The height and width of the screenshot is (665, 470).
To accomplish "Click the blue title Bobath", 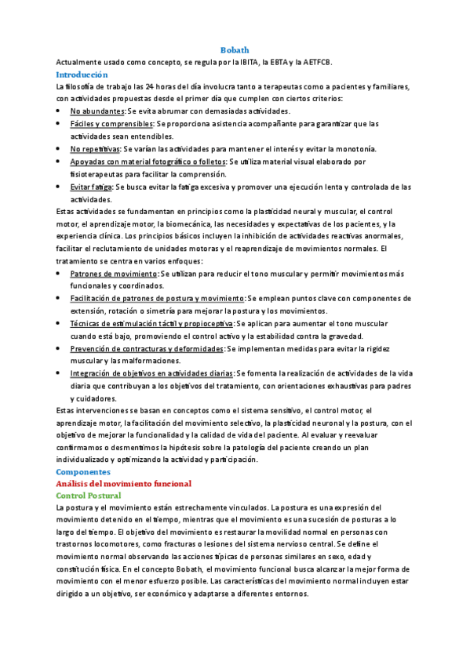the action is [235, 49].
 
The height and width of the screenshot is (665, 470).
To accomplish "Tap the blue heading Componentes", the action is [83, 472].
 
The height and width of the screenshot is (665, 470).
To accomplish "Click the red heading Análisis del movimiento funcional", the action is [118, 484].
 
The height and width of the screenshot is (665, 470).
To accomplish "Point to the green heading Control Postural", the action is [89, 496].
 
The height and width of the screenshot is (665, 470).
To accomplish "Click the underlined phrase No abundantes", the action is [97, 111].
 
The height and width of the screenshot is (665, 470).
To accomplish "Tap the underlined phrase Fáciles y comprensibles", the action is [111, 124].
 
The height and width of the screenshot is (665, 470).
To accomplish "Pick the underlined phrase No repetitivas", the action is [95, 149].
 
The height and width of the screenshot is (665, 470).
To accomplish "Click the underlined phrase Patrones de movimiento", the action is [114, 274].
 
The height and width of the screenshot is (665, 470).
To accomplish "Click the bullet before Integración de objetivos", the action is [61, 373].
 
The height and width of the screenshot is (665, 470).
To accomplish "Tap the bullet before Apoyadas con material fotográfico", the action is [61, 162].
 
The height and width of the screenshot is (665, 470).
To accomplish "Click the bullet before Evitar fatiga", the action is [61, 187].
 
